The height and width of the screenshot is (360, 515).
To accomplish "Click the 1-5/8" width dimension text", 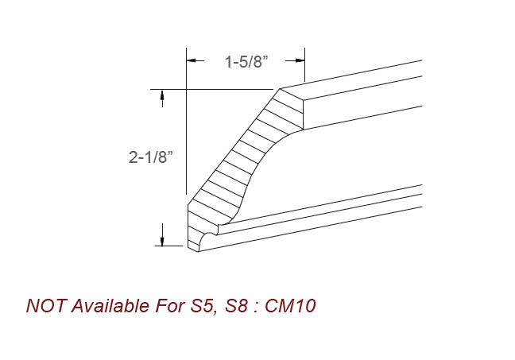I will click(x=245, y=62).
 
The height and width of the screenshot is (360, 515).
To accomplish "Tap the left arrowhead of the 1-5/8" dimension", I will click(x=191, y=60).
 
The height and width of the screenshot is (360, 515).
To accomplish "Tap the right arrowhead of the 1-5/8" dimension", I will click(x=300, y=60).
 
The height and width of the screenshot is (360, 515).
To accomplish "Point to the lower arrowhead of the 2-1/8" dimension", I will click(x=163, y=240).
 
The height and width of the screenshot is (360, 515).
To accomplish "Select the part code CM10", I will click(x=293, y=306).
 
